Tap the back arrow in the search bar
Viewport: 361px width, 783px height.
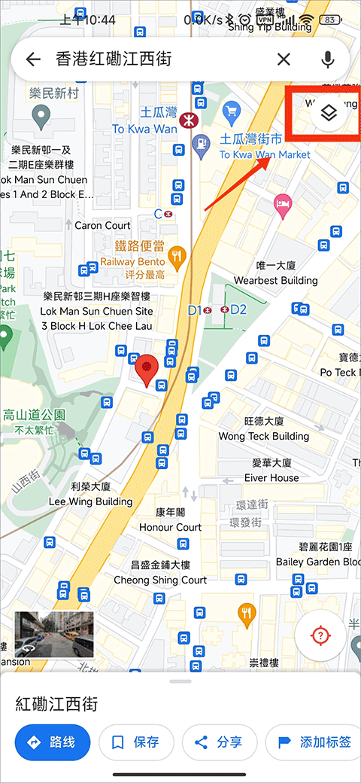coord(32,59)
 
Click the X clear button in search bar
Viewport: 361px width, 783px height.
coord(284,59)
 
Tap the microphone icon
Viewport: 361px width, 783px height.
coord(328,59)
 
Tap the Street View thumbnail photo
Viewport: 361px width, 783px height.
coord(53,635)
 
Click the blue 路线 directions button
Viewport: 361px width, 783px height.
coord(53,742)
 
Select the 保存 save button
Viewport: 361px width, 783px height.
coord(136,742)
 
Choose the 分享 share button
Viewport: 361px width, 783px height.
coord(220,742)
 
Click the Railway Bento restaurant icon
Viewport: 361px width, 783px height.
coord(177,257)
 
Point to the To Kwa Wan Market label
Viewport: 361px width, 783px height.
coord(265,147)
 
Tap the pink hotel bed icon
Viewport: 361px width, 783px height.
coord(283,203)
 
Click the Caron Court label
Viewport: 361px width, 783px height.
coord(102,225)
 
